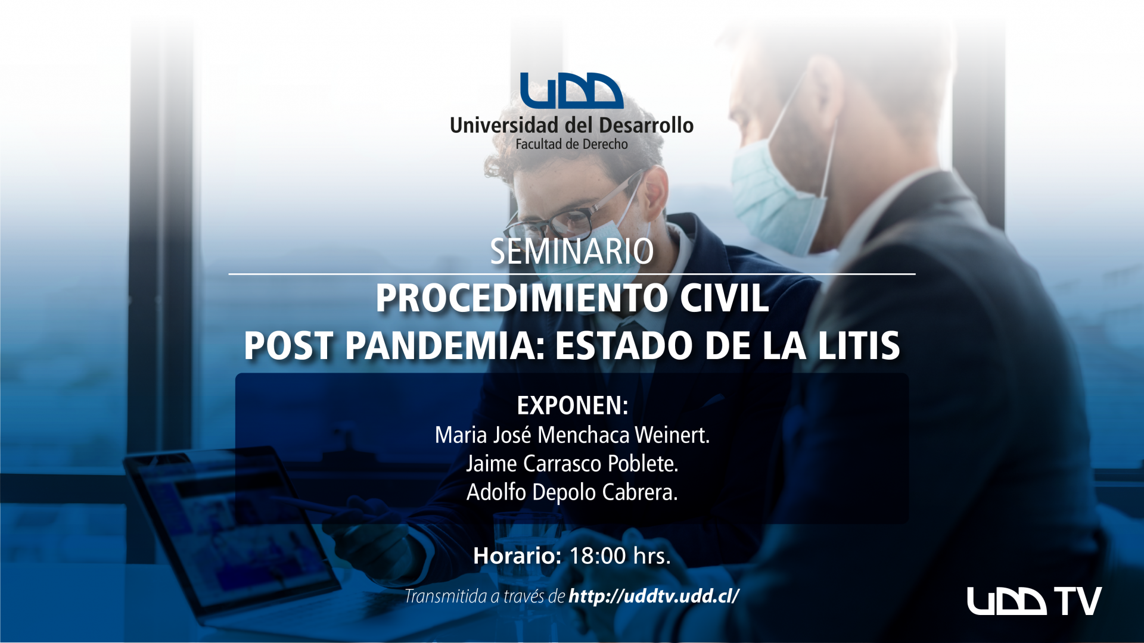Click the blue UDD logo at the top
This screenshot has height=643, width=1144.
pos(571,90)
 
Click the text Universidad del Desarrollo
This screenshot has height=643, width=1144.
pos(571,125)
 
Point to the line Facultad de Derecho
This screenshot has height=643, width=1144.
pos(571,144)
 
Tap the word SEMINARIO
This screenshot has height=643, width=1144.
pos(571,251)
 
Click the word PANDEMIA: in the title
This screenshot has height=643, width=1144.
pos(445,346)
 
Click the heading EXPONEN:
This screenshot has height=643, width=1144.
pos(572,405)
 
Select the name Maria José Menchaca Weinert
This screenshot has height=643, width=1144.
pos(572,435)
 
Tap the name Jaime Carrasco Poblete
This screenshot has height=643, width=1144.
pos(572,464)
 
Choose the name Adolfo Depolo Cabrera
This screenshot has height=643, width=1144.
pos(572,492)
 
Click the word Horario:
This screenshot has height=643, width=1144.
pos(517,556)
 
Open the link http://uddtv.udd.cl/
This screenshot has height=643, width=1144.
pos(654,596)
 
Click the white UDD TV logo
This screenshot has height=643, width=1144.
pos(1034,601)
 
